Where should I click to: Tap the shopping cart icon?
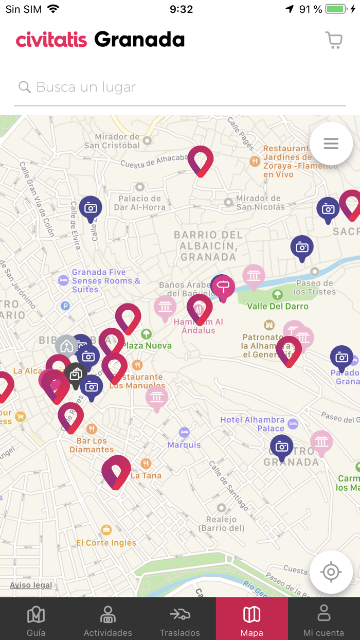[334, 40]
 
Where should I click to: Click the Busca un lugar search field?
[180, 87]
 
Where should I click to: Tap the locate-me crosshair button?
[331, 572]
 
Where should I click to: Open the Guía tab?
[36, 619]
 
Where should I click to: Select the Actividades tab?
[108, 619]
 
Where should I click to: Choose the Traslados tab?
[179, 619]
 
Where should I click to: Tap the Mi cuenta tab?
[323, 619]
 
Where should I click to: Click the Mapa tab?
[251, 619]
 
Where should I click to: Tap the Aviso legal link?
[31, 585]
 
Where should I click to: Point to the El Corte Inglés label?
[106, 542]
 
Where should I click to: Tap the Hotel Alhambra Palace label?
[253, 424]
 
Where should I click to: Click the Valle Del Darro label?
[277, 306]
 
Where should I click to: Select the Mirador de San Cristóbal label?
[112, 141]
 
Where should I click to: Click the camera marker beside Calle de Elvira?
[91, 208]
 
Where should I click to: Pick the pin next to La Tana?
[116, 471]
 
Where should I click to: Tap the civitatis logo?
[51, 40]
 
